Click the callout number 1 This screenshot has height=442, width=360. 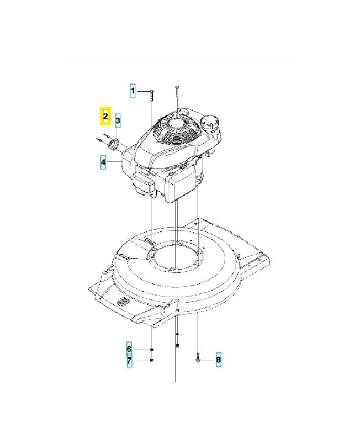(x=133, y=91)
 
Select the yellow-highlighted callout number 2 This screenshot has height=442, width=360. (x=105, y=117)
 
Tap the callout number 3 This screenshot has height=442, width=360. (x=118, y=120)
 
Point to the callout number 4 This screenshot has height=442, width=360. (x=103, y=162)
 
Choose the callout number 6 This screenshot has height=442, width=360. (x=129, y=349)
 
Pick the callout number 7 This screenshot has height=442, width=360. (x=129, y=361)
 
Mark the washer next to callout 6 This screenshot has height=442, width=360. (x=152, y=350)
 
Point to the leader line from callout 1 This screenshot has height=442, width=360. (x=142, y=91)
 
